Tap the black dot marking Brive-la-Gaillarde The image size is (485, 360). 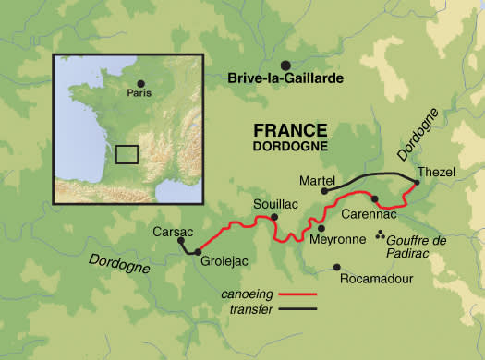[285, 64]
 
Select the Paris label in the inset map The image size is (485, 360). [139, 92]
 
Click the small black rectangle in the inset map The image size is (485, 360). [126, 154]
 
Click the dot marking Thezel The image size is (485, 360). [415, 183]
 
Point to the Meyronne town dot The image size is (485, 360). [321, 227]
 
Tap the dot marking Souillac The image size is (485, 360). [273, 218]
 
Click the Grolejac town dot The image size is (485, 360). [197, 250]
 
